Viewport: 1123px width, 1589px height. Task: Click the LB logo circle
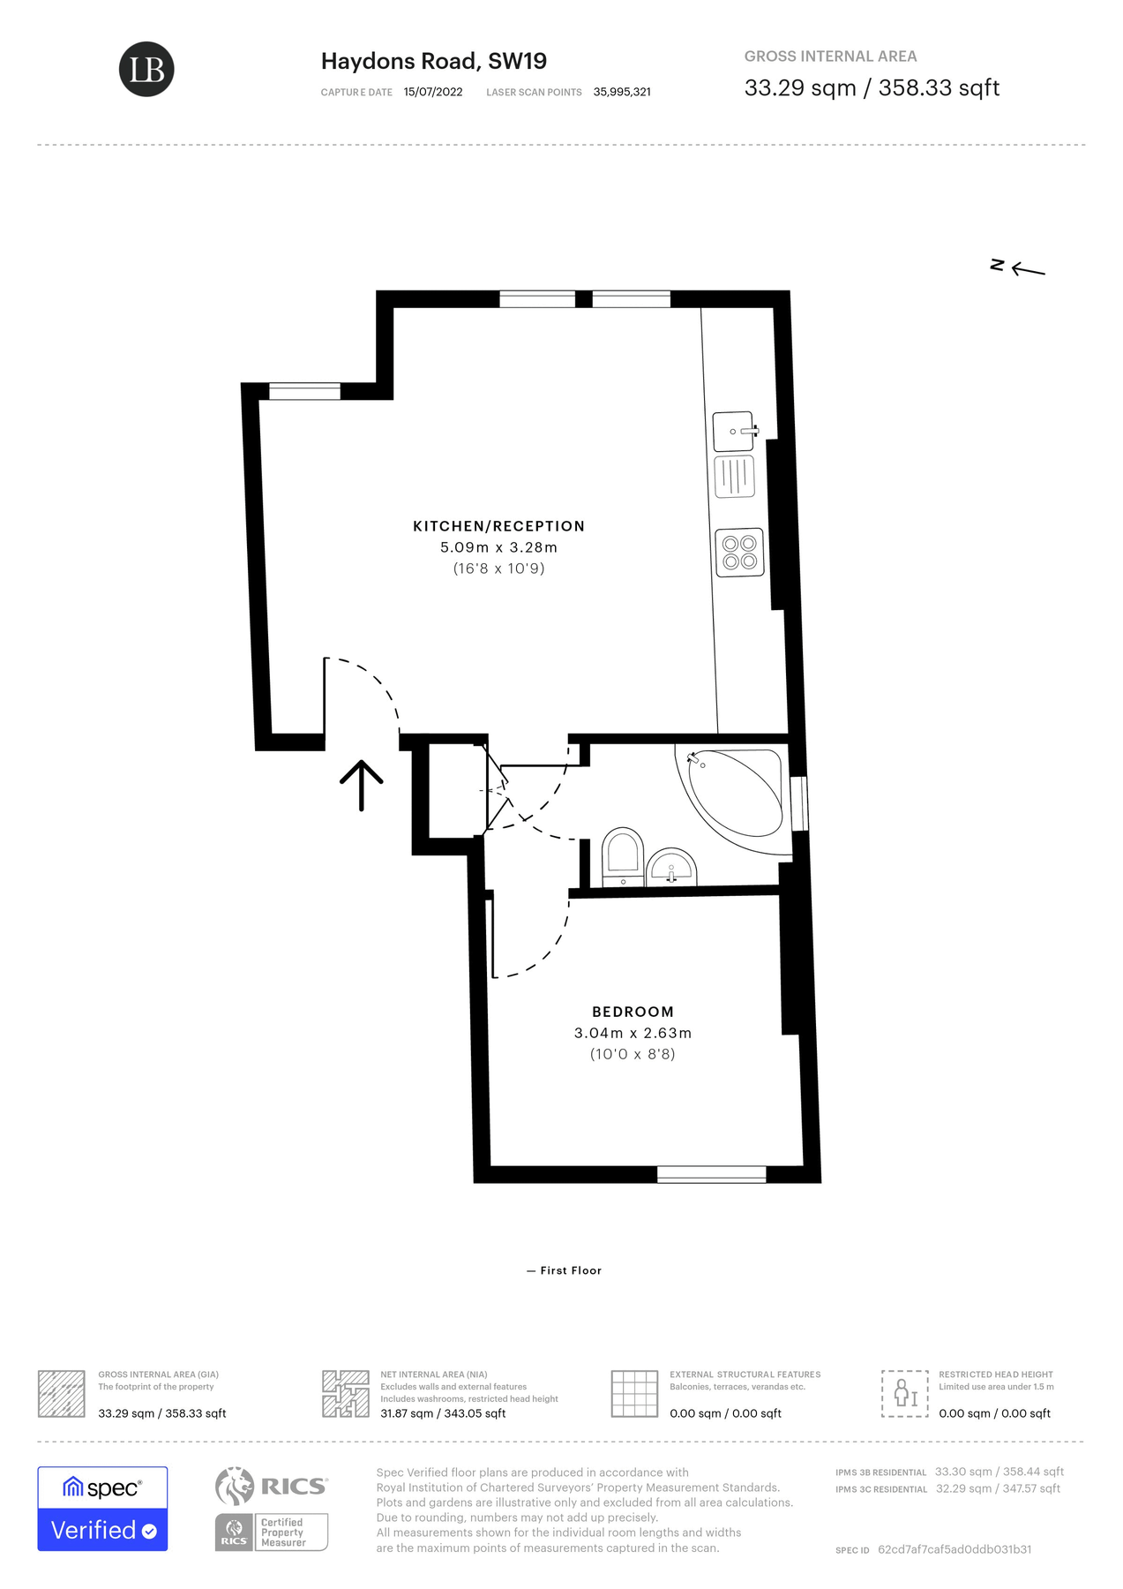click(146, 69)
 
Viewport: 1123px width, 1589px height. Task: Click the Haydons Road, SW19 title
click(433, 61)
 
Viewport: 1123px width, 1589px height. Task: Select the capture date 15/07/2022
click(432, 92)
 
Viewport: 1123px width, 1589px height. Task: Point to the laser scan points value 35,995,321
click(622, 92)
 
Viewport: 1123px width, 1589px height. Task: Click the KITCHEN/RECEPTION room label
click(498, 526)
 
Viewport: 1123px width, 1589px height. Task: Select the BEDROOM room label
click(633, 1012)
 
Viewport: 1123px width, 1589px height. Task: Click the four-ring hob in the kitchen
click(739, 553)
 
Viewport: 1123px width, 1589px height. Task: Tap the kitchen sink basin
click(733, 432)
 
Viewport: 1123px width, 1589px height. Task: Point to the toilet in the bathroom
click(622, 855)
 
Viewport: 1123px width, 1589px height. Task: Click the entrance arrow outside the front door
click(362, 784)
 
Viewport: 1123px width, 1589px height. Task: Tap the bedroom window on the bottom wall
click(711, 1174)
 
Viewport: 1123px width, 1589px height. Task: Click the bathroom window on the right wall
click(799, 803)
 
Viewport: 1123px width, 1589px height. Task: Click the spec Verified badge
click(102, 1509)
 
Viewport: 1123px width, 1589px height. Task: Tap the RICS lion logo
click(235, 1487)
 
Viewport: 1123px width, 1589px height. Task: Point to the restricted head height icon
click(904, 1394)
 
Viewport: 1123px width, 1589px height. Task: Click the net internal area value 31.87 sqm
click(442, 1413)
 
